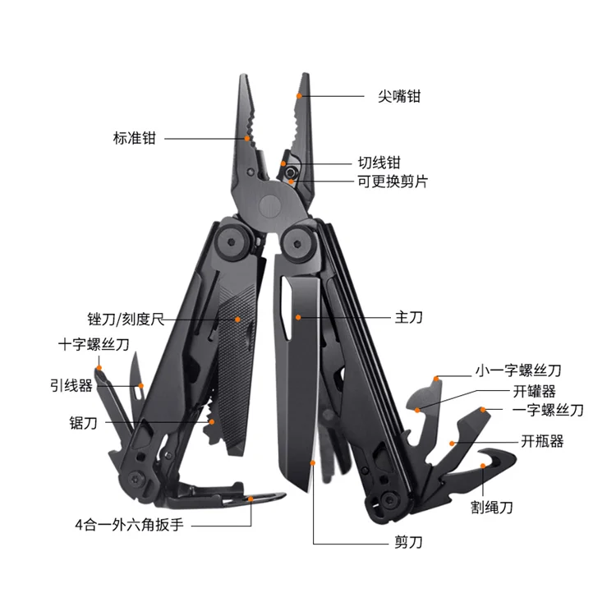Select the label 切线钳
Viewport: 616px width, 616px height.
(379, 163)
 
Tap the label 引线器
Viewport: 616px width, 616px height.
(68, 384)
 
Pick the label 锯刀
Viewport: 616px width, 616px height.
(84, 423)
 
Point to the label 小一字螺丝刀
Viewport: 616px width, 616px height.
(517, 371)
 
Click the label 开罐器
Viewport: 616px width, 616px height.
(535, 391)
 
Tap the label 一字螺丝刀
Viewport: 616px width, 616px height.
(548, 410)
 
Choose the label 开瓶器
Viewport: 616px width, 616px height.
(542, 441)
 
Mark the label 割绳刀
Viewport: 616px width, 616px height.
(492, 508)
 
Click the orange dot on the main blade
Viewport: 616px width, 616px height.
(299, 315)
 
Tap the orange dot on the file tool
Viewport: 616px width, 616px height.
(237, 318)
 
